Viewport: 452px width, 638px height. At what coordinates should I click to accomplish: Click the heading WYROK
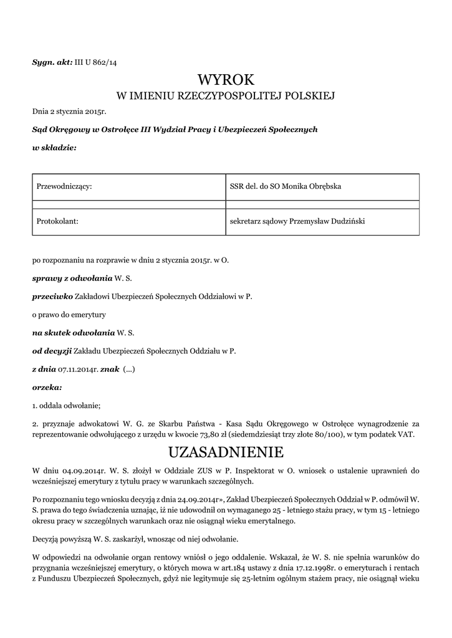click(x=226, y=80)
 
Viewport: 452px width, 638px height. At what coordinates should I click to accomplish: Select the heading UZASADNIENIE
click(x=226, y=450)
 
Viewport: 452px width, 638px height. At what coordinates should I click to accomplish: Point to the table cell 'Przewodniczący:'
click(x=65, y=186)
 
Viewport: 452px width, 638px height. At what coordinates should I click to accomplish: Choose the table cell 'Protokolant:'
click(x=57, y=221)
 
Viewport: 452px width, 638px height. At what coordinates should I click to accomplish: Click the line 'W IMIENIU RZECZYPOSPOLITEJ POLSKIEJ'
click(x=226, y=96)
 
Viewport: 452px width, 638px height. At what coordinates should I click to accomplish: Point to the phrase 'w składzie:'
click(x=54, y=148)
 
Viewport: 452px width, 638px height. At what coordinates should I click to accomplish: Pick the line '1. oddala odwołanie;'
click(x=66, y=406)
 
